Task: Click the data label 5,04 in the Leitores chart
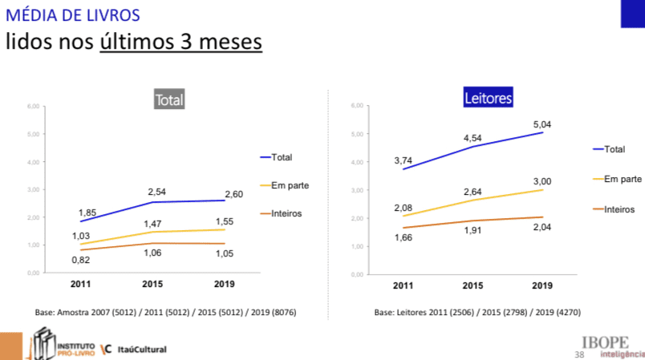pos(542,124)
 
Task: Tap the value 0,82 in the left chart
pos(80,261)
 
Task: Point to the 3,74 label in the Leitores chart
pos(403,161)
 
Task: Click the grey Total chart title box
pos(169,101)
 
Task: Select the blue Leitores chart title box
pos(488,99)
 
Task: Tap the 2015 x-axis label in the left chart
pos(152,285)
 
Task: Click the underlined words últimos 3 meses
pos(181,41)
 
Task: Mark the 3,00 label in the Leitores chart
pos(542,182)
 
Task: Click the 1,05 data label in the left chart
pos(224,254)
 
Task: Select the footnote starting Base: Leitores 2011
pos(477,313)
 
